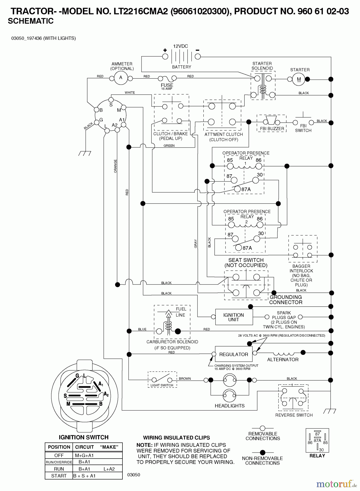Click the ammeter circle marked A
[121, 78]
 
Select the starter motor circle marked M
[299, 79]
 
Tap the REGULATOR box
[233, 354]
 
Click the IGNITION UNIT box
[234, 317]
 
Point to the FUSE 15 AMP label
[167, 86]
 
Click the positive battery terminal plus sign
[165, 50]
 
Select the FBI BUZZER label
[272, 128]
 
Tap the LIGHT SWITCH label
[162, 385]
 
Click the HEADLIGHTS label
[230, 406]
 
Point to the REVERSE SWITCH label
[294, 415]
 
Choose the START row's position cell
[59, 476]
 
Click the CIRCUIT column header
[84, 447]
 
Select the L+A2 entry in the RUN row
[109, 469]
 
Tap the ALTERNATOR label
[283, 360]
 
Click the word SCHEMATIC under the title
[31, 21]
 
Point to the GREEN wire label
[169, 146]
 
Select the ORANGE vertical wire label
[115, 166]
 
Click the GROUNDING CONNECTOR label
[286, 300]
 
